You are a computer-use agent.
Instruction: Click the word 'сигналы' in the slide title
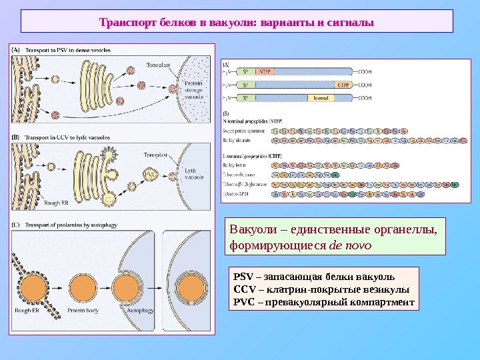pyautogui.click(x=351, y=22)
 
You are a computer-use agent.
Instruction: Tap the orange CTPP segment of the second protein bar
pyautogui.click(x=344, y=85)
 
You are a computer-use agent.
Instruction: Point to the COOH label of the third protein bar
pyautogui.click(x=365, y=98)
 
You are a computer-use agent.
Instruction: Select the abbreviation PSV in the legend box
pyautogui.click(x=242, y=277)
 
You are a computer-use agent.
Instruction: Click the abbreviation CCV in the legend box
pyautogui.click(x=242, y=289)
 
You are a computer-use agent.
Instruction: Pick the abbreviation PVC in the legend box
pyautogui.click(x=242, y=302)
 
